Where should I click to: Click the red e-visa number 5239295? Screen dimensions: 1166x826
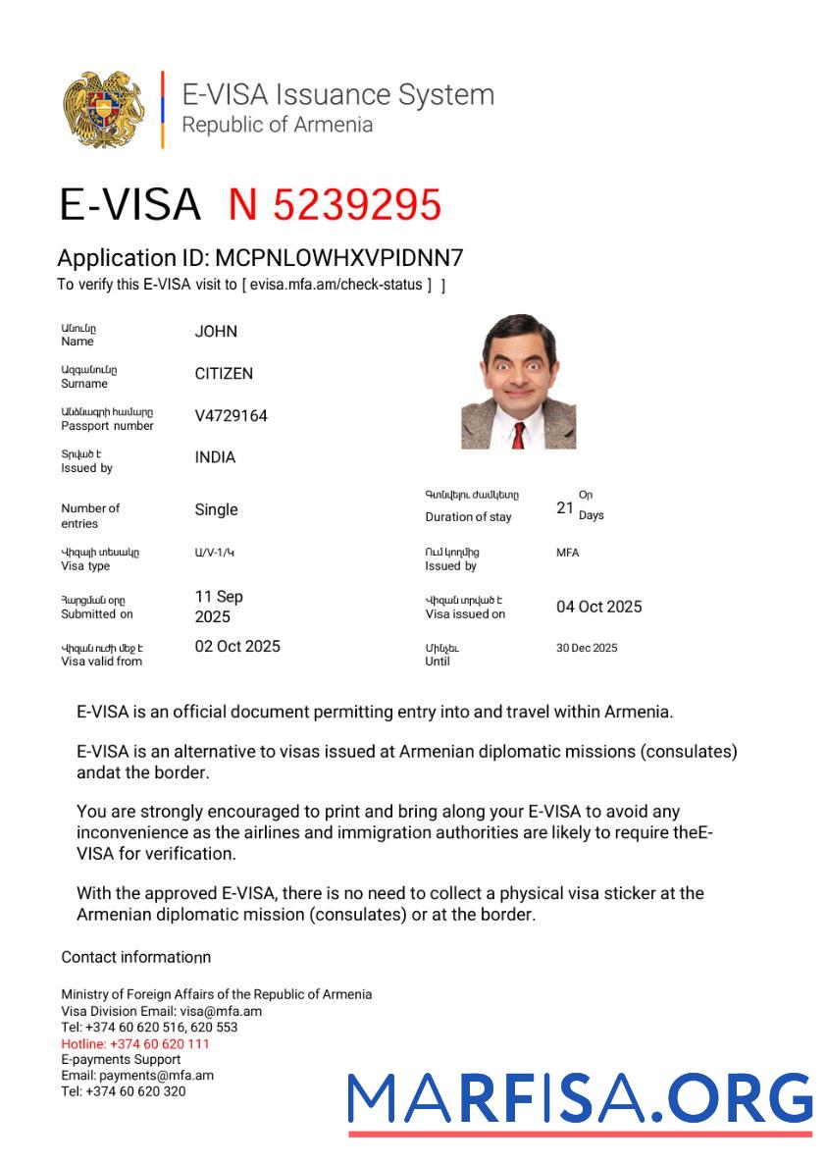(335, 205)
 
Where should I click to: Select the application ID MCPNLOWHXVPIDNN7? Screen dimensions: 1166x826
(338, 258)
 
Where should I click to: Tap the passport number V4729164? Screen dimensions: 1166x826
(231, 416)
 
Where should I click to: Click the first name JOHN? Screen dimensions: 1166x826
(216, 332)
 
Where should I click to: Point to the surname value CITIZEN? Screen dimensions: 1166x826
(224, 374)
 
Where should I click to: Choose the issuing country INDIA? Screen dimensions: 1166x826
(215, 457)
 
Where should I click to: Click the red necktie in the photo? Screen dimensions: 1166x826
(518, 433)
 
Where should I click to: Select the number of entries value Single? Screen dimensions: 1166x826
(216, 509)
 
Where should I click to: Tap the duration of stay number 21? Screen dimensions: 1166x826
(564, 508)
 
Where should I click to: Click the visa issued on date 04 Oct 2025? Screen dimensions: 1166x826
(598, 607)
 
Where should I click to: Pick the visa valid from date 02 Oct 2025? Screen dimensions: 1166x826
(237, 646)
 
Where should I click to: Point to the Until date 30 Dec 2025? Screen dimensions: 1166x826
(587, 648)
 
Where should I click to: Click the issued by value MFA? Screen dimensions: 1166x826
(567, 553)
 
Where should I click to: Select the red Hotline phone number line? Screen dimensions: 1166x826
(135, 1043)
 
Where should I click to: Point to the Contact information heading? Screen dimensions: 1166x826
(135, 957)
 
